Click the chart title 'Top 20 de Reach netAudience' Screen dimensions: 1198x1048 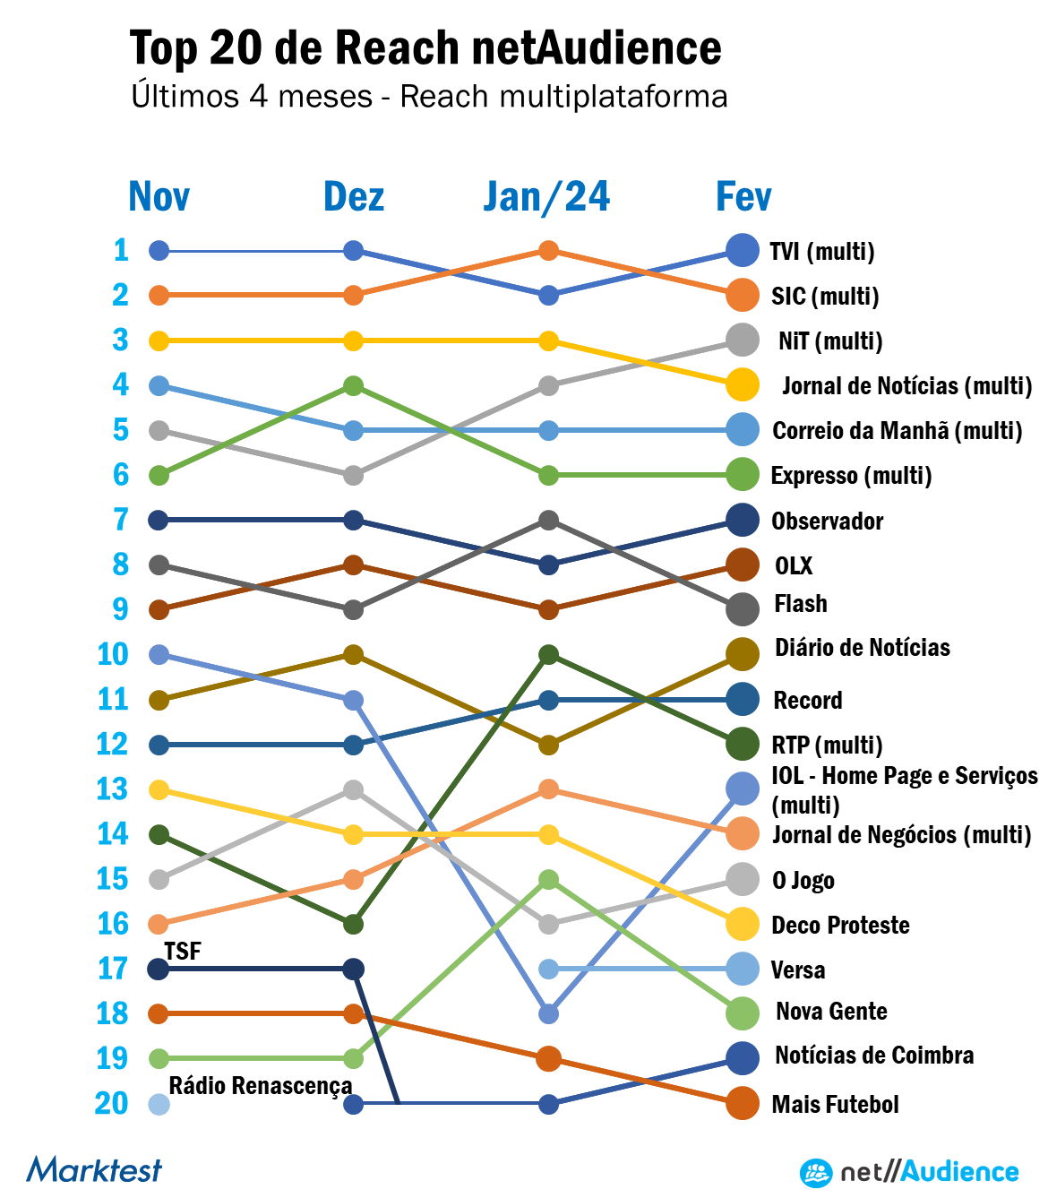pos(425,47)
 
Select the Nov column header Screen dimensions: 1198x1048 pos(159,196)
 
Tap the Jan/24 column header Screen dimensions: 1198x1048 pos(546,196)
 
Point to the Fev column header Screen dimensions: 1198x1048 pos(743,196)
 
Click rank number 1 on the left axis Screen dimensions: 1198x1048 pos(121,250)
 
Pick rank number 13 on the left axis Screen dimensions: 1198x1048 pos(113,789)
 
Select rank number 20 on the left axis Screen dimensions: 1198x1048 pos(112,1103)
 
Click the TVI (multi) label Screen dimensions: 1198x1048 pos(822,251)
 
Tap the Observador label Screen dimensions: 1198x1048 pos(827,521)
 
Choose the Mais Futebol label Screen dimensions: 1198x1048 pos(835,1104)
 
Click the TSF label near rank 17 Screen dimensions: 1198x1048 pos(183,951)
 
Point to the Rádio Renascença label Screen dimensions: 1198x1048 pos(260,1086)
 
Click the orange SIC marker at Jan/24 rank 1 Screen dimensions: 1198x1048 pos(549,251)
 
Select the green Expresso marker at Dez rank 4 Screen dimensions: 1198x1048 pos(354,386)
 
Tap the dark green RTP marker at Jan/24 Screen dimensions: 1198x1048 pos(549,655)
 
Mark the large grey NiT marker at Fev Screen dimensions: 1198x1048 pos(743,340)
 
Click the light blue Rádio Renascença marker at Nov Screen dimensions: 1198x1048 pos(159,1104)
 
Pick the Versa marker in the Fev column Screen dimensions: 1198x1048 pos(743,969)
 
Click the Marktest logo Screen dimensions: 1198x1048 pos(94,1169)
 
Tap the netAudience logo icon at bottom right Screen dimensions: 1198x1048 pos(816,1172)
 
